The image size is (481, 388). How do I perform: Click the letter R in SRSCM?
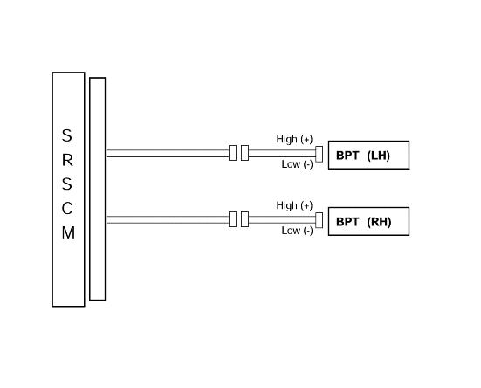(x=67, y=160)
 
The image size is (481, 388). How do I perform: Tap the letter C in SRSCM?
(x=67, y=209)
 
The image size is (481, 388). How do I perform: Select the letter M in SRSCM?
(x=68, y=232)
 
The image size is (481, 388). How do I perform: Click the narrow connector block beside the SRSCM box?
(x=97, y=189)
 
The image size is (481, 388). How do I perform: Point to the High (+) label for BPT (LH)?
(x=294, y=139)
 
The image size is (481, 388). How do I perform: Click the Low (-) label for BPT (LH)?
(x=298, y=164)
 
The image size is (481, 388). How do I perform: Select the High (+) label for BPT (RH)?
(x=294, y=205)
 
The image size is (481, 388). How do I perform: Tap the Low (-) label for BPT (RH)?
(x=298, y=231)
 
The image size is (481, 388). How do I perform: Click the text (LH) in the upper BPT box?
(x=378, y=156)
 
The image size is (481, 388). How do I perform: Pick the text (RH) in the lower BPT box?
(x=379, y=222)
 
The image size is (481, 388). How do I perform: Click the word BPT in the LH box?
(x=347, y=156)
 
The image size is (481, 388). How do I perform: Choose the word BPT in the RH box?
(x=347, y=222)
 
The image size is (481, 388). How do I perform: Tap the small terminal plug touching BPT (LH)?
(x=319, y=154)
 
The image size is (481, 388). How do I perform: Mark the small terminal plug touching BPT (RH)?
(x=319, y=220)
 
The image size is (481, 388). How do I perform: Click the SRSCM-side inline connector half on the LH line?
(x=232, y=153)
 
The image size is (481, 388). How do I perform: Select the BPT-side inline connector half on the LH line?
(x=244, y=153)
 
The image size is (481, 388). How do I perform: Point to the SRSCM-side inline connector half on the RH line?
(x=232, y=219)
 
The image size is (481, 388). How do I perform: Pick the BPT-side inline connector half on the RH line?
(x=244, y=219)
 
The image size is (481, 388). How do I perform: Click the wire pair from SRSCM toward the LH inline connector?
(x=168, y=153)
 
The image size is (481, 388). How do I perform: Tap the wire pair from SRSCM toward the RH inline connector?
(x=168, y=219)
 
